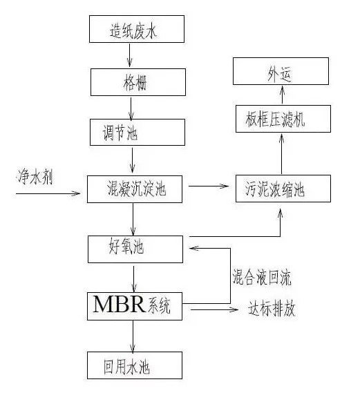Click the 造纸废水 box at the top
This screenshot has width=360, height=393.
pyautogui.click(x=137, y=29)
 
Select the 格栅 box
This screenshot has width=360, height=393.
pyautogui.click(x=138, y=82)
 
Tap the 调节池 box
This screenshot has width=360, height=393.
pyautogui.click(x=138, y=132)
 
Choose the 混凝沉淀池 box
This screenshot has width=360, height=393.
pyautogui.click(x=135, y=189)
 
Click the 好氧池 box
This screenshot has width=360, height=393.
pyautogui.click(x=135, y=249)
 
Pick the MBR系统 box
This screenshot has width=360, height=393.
pyautogui.click(x=135, y=306)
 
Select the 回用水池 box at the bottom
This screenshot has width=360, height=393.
pyautogui.click(x=135, y=365)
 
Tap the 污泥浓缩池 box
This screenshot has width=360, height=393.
pyautogui.click(x=283, y=189)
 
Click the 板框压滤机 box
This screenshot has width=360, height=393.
pyautogui.click(x=283, y=119)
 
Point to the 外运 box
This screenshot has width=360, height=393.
pyautogui.click(x=281, y=71)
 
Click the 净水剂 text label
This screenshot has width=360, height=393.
pyautogui.click(x=35, y=177)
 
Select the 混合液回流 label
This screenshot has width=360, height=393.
pyautogui.click(x=262, y=277)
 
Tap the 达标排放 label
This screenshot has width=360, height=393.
pyautogui.click(x=272, y=308)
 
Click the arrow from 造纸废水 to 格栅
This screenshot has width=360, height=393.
pyautogui.click(x=130, y=55)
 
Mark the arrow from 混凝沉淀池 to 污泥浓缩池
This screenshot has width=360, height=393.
pyautogui.click(x=209, y=186)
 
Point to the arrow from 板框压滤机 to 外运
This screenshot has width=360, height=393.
pyautogui.click(x=282, y=95)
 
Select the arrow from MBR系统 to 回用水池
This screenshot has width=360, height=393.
pyautogui.click(x=133, y=336)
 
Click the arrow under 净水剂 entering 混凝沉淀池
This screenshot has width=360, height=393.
pyautogui.click(x=48, y=193)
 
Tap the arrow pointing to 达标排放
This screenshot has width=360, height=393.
pyautogui.click(x=214, y=309)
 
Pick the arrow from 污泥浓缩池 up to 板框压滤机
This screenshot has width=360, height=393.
pyautogui.click(x=281, y=154)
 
